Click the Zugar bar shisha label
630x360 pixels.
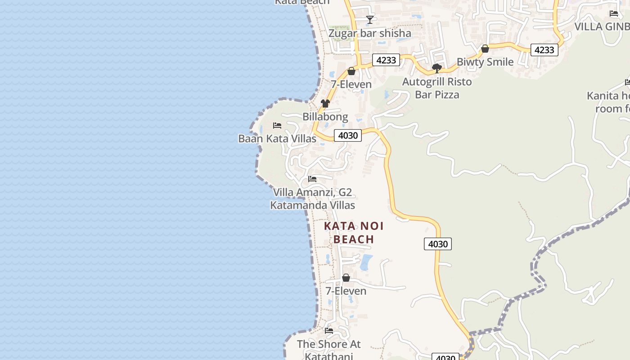click(x=370, y=33)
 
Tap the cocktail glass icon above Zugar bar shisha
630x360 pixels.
click(x=370, y=19)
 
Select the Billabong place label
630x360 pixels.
click(x=325, y=117)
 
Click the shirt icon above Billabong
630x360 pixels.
click(x=325, y=103)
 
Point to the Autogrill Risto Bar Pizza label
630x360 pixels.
click(x=437, y=88)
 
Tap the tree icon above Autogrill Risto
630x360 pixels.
click(x=436, y=68)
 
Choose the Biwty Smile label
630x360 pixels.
click(x=485, y=62)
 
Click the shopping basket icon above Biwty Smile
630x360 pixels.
click(x=485, y=49)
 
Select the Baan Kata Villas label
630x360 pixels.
click(x=277, y=138)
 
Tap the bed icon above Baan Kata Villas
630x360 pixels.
click(x=277, y=125)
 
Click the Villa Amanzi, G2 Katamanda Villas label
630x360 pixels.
click(x=312, y=199)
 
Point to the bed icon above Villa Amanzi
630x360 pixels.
click(x=312, y=179)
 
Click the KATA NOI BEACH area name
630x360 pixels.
click(x=354, y=233)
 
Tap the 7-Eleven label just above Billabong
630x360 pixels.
click(x=351, y=84)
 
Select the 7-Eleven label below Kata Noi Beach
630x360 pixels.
click(x=346, y=291)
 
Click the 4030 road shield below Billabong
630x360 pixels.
click(x=348, y=135)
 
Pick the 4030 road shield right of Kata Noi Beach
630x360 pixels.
click(x=437, y=244)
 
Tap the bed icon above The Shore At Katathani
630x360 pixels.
click(x=329, y=331)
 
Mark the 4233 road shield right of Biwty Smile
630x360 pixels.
click(x=544, y=49)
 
